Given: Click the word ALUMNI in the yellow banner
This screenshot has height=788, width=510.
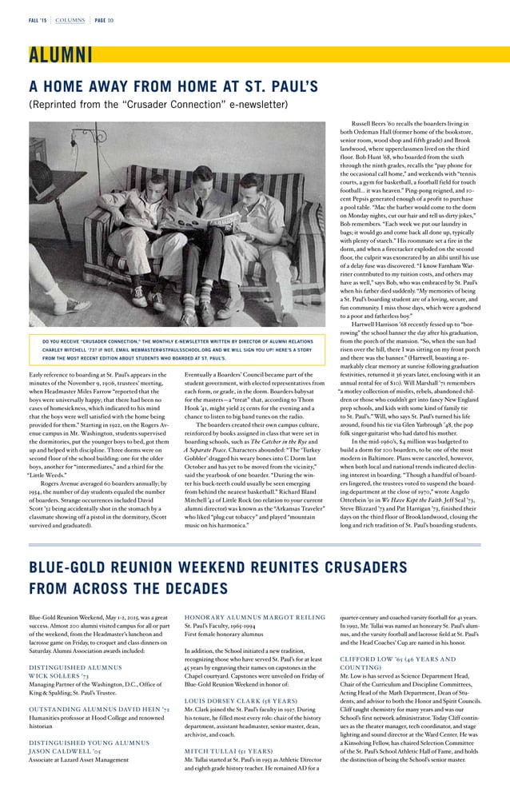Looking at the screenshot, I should pyautogui.click(x=60, y=54).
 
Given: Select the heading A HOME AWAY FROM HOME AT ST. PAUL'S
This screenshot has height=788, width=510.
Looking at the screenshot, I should pyautogui.click(x=173, y=86).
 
